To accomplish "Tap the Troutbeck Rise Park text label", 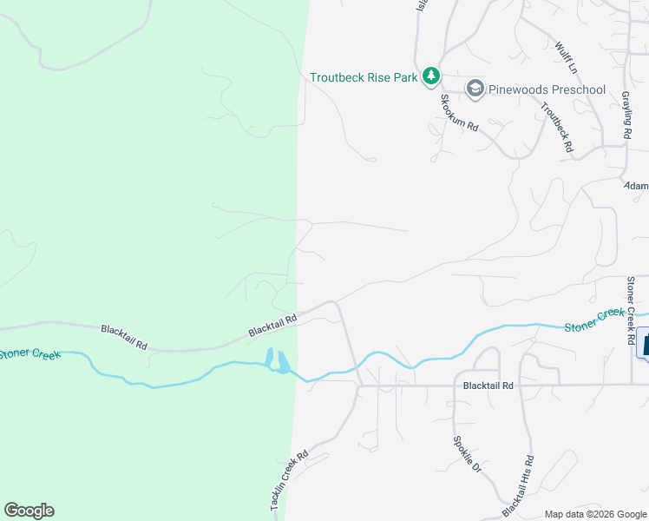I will coord(364,77).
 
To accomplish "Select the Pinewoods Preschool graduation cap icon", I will coord(475,89).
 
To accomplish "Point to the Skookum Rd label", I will coord(458,111).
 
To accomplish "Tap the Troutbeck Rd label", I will coord(557,129).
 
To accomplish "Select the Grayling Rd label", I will coord(625,115).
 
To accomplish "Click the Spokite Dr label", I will coord(466,452).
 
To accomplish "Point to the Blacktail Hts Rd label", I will coord(519,483).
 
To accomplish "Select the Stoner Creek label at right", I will coord(593,320).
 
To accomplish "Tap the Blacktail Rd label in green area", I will coord(125,337).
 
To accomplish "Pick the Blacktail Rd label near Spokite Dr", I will coord(488,385).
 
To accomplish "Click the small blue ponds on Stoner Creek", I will coord(276,361).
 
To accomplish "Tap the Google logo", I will coord(29,511).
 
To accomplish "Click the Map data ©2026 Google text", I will coord(595,514).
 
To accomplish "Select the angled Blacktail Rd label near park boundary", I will coord(272,325).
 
